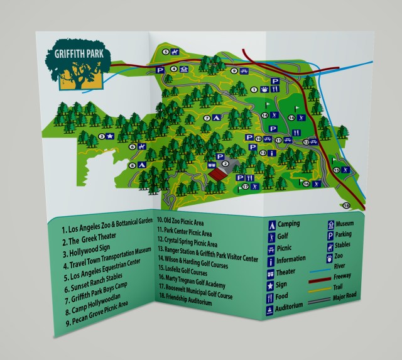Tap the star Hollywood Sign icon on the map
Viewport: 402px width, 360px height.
pyautogui.click(x=109, y=136)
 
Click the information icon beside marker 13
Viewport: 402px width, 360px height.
pyautogui.click(x=271, y=153)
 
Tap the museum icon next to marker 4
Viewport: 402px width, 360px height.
pyautogui.click(x=184, y=70)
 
